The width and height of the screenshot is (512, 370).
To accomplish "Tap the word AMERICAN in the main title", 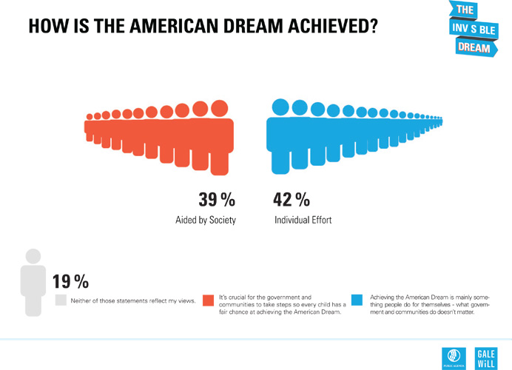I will pyautogui.click(x=178, y=26).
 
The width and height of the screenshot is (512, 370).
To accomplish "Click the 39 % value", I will pyautogui.click(x=216, y=200).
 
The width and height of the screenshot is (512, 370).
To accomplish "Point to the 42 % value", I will pyautogui.click(x=292, y=200).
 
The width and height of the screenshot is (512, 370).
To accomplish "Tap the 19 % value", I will pyautogui.click(x=70, y=281).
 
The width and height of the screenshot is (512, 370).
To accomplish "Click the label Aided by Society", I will pyautogui.click(x=206, y=221).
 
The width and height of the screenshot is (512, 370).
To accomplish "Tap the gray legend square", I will pyautogui.click(x=61, y=300).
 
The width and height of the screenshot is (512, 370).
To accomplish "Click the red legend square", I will pyautogui.click(x=209, y=300).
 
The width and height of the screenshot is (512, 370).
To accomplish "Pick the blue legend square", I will pyautogui.click(x=357, y=300).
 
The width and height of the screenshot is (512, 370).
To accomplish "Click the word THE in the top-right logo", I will pyautogui.click(x=465, y=10).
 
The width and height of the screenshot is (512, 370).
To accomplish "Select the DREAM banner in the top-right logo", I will pyautogui.click(x=473, y=47).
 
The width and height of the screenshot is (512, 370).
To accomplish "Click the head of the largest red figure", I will pyautogui.click(x=219, y=109).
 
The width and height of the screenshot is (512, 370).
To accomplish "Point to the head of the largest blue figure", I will pyautogui.click(x=280, y=107).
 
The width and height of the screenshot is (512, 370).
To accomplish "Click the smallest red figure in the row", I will pyautogui.click(x=90, y=117).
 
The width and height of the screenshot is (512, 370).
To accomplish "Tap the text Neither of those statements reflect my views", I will pyautogui.click(x=132, y=300).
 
